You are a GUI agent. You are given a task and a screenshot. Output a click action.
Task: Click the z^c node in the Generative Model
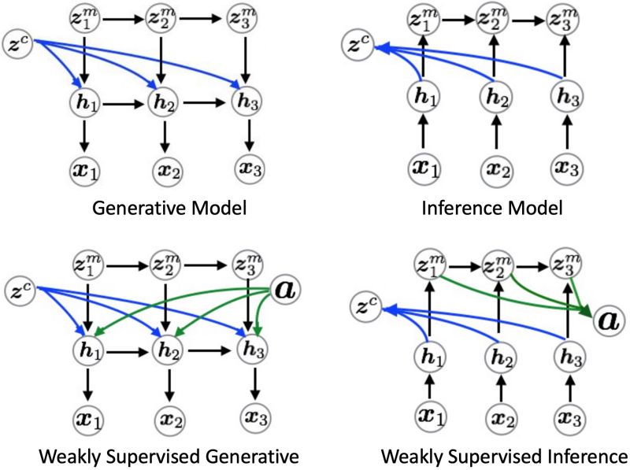coord(19,42)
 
